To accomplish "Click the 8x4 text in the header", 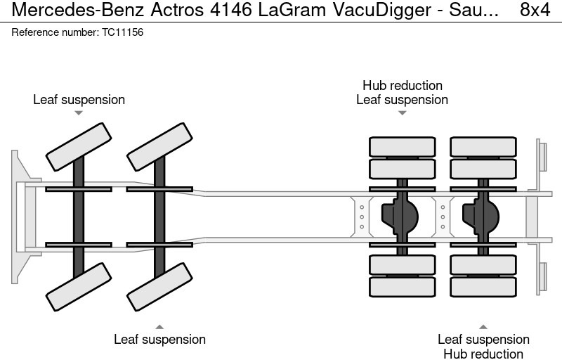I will [x=535, y=11].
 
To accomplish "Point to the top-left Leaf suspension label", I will [x=79, y=99].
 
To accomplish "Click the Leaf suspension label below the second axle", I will [x=159, y=339].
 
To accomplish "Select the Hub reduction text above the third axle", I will [x=402, y=85].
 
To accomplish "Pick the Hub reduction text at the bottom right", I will [x=483, y=354].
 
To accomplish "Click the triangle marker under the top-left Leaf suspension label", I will [x=79, y=112].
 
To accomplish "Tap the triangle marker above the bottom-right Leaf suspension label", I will [x=483, y=326].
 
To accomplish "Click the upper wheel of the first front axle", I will [x=79, y=146].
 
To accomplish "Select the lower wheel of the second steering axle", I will [x=159, y=287].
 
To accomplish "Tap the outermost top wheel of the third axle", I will [x=402, y=146].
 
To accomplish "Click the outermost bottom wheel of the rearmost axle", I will [x=483, y=287].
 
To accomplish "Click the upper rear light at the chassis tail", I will [x=542, y=155].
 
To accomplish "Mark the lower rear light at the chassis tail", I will [x=542, y=278].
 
